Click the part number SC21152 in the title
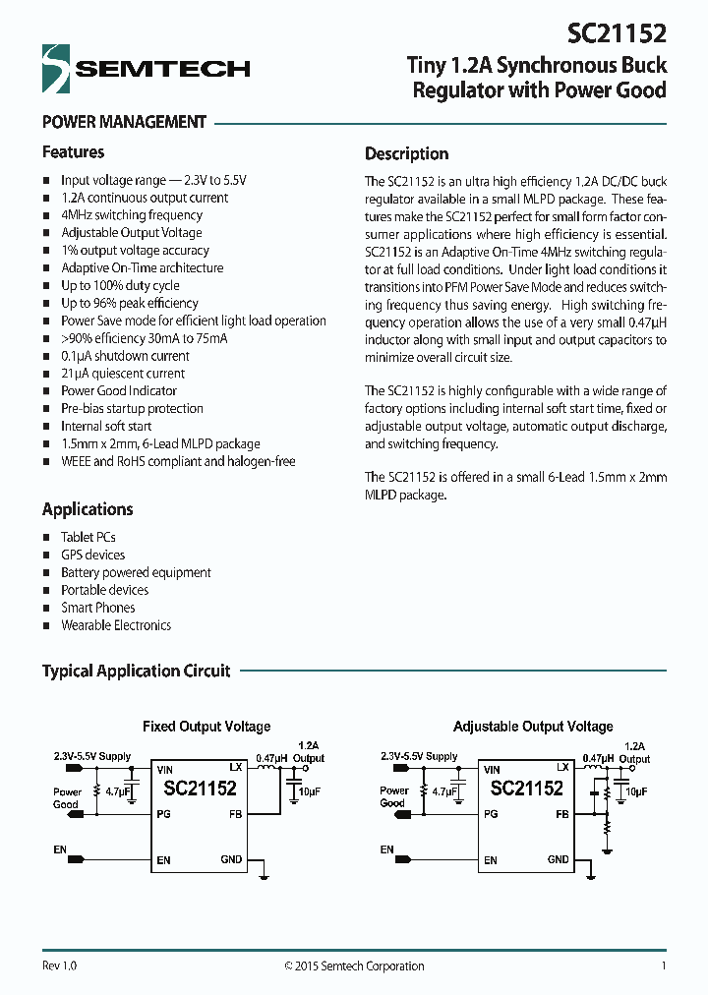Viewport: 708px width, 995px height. tap(618, 33)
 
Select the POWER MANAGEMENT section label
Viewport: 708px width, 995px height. tap(124, 123)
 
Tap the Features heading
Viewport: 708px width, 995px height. tap(73, 152)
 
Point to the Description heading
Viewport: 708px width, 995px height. tap(406, 153)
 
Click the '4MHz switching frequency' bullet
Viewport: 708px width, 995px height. tap(132, 215)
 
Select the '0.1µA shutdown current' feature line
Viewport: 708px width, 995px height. tap(125, 356)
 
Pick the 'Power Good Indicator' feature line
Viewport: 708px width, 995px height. tap(119, 391)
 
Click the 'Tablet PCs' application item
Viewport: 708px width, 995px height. tap(88, 538)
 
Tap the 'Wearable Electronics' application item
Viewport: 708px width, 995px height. tap(116, 625)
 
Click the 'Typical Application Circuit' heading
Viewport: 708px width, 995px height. tap(136, 672)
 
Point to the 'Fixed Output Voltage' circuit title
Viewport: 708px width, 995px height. tap(206, 727)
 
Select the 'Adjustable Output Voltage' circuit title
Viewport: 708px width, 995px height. tap(533, 727)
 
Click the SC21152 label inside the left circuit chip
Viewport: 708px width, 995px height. tap(200, 789)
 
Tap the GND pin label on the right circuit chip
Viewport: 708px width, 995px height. tap(558, 859)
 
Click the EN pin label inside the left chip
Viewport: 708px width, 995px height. tap(163, 860)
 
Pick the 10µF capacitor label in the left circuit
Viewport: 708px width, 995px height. tap(309, 791)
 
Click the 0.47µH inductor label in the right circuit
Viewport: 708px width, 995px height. tap(599, 758)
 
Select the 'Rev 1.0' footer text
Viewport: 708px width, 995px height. tap(59, 966)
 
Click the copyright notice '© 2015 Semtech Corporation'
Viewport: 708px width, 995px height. tap(354, 966)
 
